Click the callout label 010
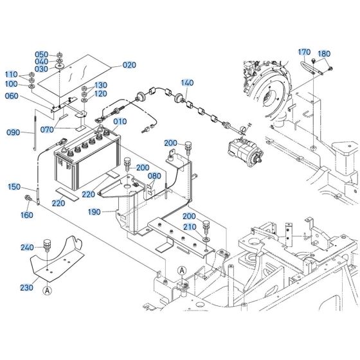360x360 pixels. pos(120,121)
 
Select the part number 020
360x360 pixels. pos(130,65)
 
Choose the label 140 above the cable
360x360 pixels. pos(186,83)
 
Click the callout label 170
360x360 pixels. pos(304,53)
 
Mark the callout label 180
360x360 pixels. pos(324,54)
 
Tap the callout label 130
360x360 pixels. pos(101,85)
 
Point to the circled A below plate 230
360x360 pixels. pos(47,290)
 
